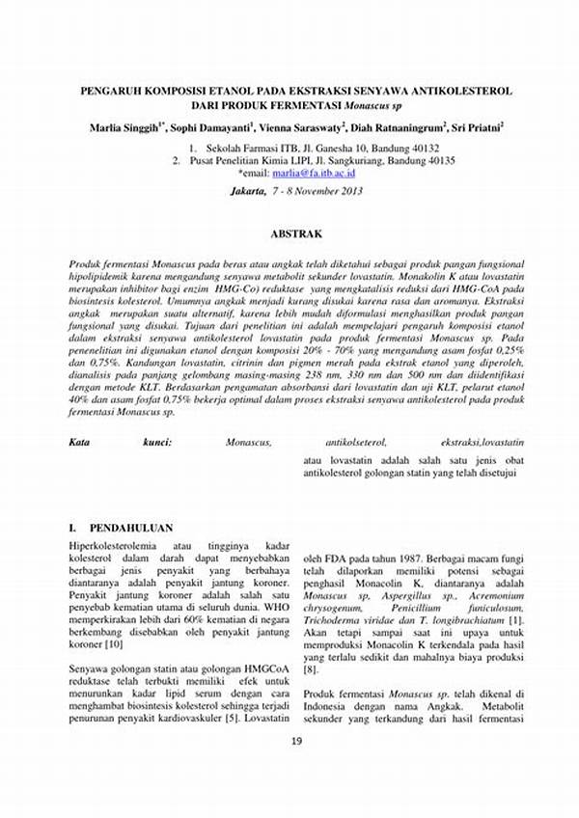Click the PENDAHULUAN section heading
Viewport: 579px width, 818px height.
click(130, 529)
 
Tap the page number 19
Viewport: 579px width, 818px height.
click(296, 742)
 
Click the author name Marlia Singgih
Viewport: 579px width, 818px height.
click(125, 127)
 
